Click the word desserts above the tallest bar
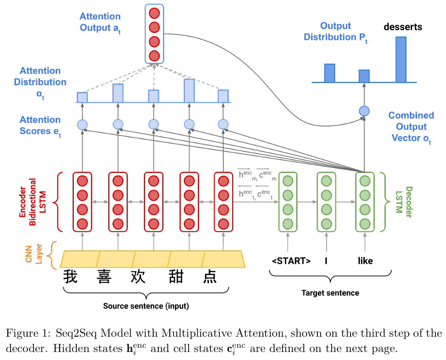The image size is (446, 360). pos(403,27)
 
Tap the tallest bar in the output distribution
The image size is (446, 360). pos(401,59)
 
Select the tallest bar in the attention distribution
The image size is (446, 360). pos(189,90)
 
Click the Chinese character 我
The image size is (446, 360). pos(70,276)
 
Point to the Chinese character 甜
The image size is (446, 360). pos(174,276)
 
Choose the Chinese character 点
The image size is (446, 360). pos(210,276)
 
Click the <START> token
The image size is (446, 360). pos(291,261)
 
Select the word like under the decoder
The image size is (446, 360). pos(365,261)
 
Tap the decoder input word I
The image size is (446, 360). pos(326,261)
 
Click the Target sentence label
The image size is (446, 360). pos(330,293)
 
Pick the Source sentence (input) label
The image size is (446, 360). pos(146,306)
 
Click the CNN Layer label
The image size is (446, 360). pos(34,255)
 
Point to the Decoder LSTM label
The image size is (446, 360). pos(404,202)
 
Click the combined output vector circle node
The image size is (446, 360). pos(364,111)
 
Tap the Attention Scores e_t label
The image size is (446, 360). pos(40,126)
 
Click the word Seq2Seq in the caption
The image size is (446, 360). pos(75,333)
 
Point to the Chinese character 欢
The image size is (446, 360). pos(138,276)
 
